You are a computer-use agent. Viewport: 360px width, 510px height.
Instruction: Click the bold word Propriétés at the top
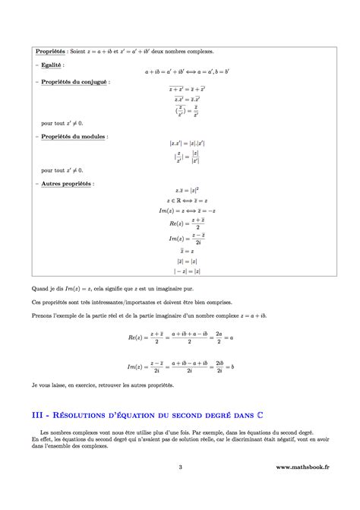click(x=51, y=52)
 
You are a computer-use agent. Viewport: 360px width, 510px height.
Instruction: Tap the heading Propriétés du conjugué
click(x=74, y=81)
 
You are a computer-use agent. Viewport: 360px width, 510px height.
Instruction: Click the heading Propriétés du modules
click(x=73, y=136)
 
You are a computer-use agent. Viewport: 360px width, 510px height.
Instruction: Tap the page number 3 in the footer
click(x=180, y=489)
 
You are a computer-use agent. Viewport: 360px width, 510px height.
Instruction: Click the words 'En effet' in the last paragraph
click(x=43, y=439)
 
